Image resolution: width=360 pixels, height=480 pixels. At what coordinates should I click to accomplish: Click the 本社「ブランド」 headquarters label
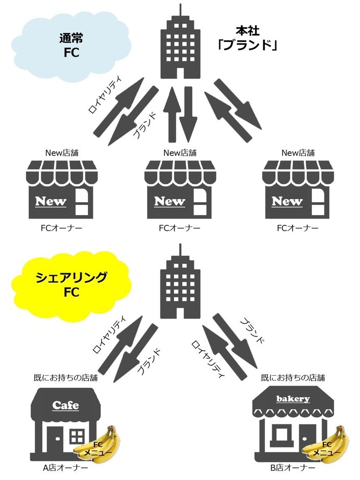[x=247, y=38]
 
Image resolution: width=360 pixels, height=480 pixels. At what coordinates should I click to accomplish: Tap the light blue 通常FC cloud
[x=71, y=45]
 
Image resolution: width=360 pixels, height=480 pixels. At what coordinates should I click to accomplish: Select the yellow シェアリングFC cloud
[x=71, y=285]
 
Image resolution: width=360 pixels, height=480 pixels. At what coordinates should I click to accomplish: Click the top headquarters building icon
[x=180, y=46]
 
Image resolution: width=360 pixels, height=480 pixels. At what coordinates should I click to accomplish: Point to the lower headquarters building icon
[x=180, y=285]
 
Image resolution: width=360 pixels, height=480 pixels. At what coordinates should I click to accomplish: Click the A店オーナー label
[x=65, y=468]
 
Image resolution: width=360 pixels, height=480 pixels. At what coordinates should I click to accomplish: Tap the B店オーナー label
[x=293, y=468]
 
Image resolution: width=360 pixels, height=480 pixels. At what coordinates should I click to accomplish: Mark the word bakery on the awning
[x=293, y=399]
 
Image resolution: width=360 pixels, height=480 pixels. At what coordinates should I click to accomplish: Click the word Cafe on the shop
[x=65, y=405]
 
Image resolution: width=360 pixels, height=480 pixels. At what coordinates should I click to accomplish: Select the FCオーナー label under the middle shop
[x=180, y=228]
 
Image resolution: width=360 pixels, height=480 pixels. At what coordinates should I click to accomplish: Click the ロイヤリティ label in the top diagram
[x=105, y=94]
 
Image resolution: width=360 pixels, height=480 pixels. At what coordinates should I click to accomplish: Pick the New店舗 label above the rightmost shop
[x=298, y=153]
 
